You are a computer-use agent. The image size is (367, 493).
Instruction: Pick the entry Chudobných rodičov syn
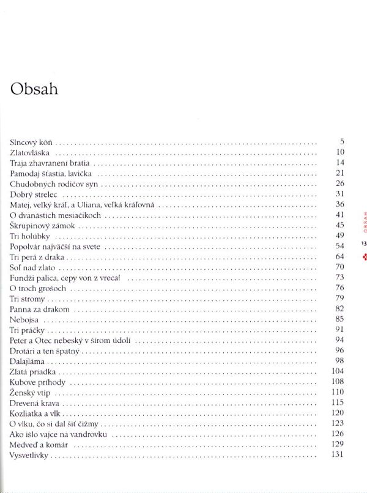tap(53, 183)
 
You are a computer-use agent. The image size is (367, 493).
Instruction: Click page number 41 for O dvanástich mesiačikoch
tap(341, 215)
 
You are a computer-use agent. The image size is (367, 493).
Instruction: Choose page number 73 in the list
tap(341, 278)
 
